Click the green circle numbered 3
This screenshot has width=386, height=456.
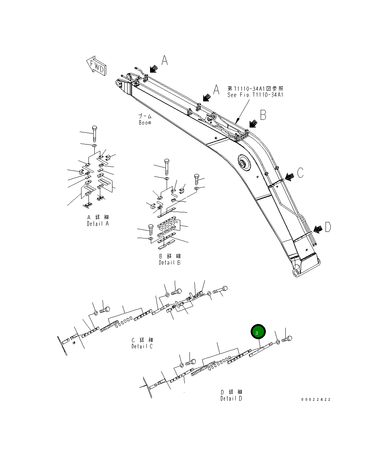coord(258,333)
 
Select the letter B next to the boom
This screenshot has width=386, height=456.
coord(263,115)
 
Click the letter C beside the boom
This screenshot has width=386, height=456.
coord(300,173)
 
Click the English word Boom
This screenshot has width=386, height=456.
coord(145,122)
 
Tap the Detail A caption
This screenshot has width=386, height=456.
coord(98,224)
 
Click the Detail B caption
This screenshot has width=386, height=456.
coord(170,262)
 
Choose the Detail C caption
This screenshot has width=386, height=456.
coord(142,346)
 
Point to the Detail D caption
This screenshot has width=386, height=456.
coord(231,398)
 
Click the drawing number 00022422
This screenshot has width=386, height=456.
coord(316,400)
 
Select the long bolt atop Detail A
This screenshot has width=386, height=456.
coord(95,134)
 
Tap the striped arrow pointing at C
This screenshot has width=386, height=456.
coord(289,176)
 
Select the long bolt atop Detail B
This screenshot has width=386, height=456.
coord(166,167)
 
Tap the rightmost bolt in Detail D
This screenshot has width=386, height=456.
coord(287,338)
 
